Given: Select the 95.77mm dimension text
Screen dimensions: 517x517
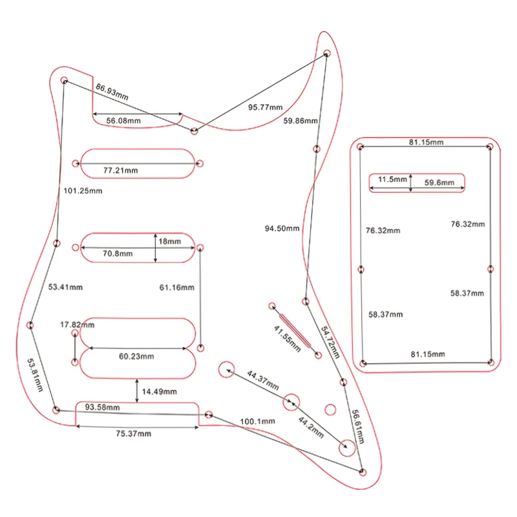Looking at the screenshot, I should (266, 107).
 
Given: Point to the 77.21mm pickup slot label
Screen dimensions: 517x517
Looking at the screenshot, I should (120, 171).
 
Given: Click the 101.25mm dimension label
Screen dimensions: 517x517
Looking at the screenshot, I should (83, 191).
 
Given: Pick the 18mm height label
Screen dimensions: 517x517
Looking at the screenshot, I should (170, 241).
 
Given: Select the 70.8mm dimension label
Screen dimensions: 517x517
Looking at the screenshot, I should (118, 254).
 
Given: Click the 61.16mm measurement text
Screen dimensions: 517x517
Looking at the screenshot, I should (176, 286).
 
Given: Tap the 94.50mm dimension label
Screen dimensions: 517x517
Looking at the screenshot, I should (282, 228).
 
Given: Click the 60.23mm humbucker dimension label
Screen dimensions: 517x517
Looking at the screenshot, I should (136, 356).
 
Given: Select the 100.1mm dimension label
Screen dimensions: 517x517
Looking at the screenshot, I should (257, 421).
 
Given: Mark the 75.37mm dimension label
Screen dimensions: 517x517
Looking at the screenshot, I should (133, 434).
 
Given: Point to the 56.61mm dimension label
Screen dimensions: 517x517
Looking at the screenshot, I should (357, 425).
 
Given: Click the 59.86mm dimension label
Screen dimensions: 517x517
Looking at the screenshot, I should (301, 121).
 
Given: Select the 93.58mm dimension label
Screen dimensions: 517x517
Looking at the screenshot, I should (103, 407).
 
